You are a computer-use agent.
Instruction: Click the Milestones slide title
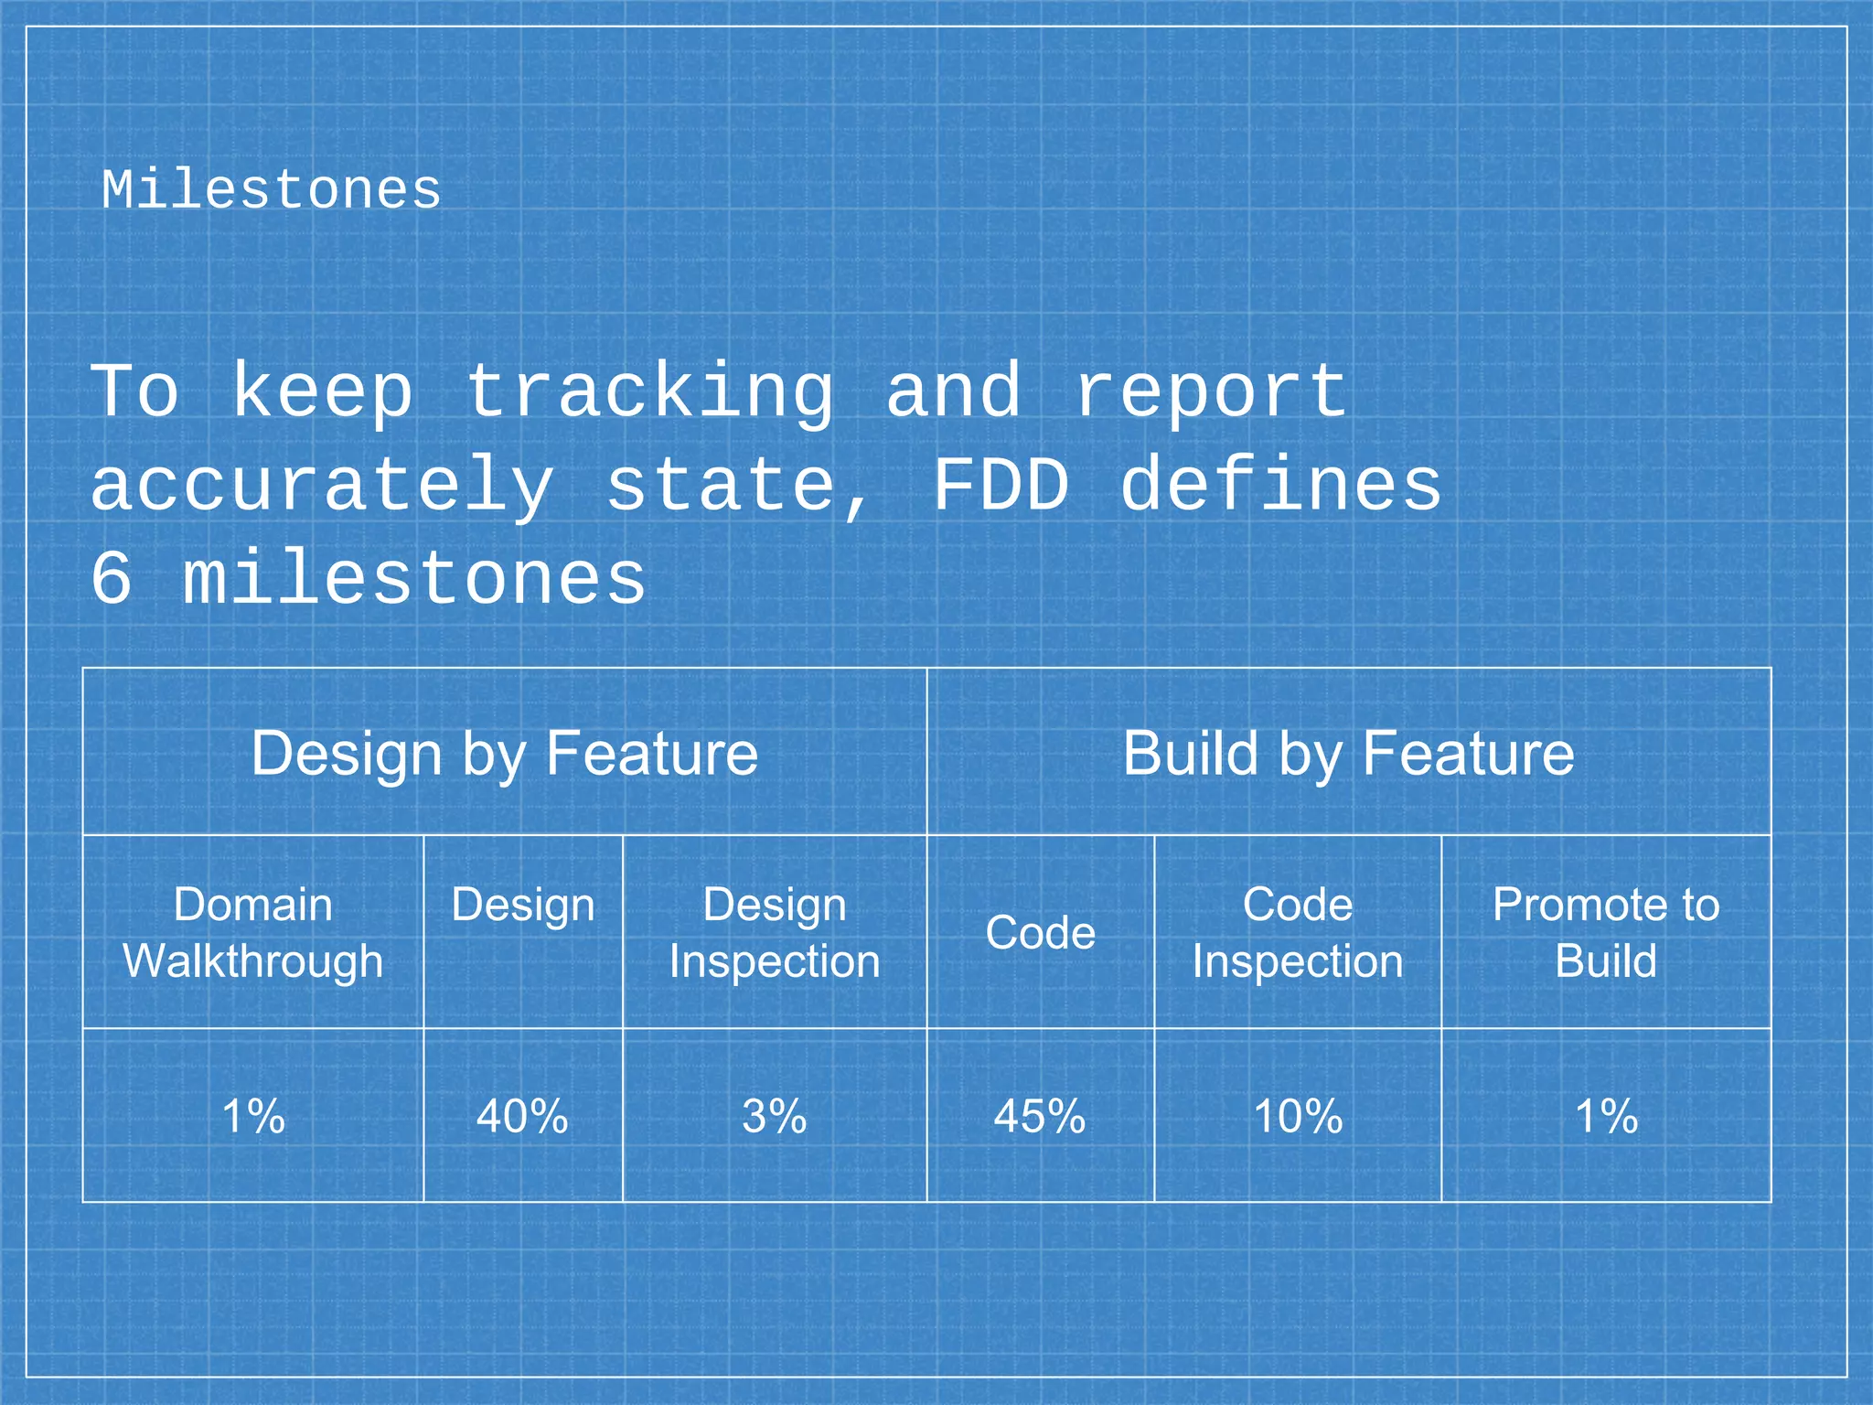(271, 190)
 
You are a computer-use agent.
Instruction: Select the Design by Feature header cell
(504, 754)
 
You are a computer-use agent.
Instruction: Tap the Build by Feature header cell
(1348, 754)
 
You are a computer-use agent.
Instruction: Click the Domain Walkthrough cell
(253, 932)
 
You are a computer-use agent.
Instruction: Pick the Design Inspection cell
(774, 932)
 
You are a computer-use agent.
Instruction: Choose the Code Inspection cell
(1297, 932)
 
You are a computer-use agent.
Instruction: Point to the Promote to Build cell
(1605, 932)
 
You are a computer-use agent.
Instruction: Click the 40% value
(522, 1116)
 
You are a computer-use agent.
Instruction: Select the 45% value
(1040, 1116)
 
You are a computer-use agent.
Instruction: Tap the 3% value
(774, 1116)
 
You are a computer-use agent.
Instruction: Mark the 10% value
(1297, 1116)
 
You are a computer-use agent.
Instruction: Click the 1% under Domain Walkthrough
(253, 1116)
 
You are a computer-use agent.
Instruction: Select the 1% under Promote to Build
(1606, 1116)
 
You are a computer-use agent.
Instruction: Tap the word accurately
(322, 487)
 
